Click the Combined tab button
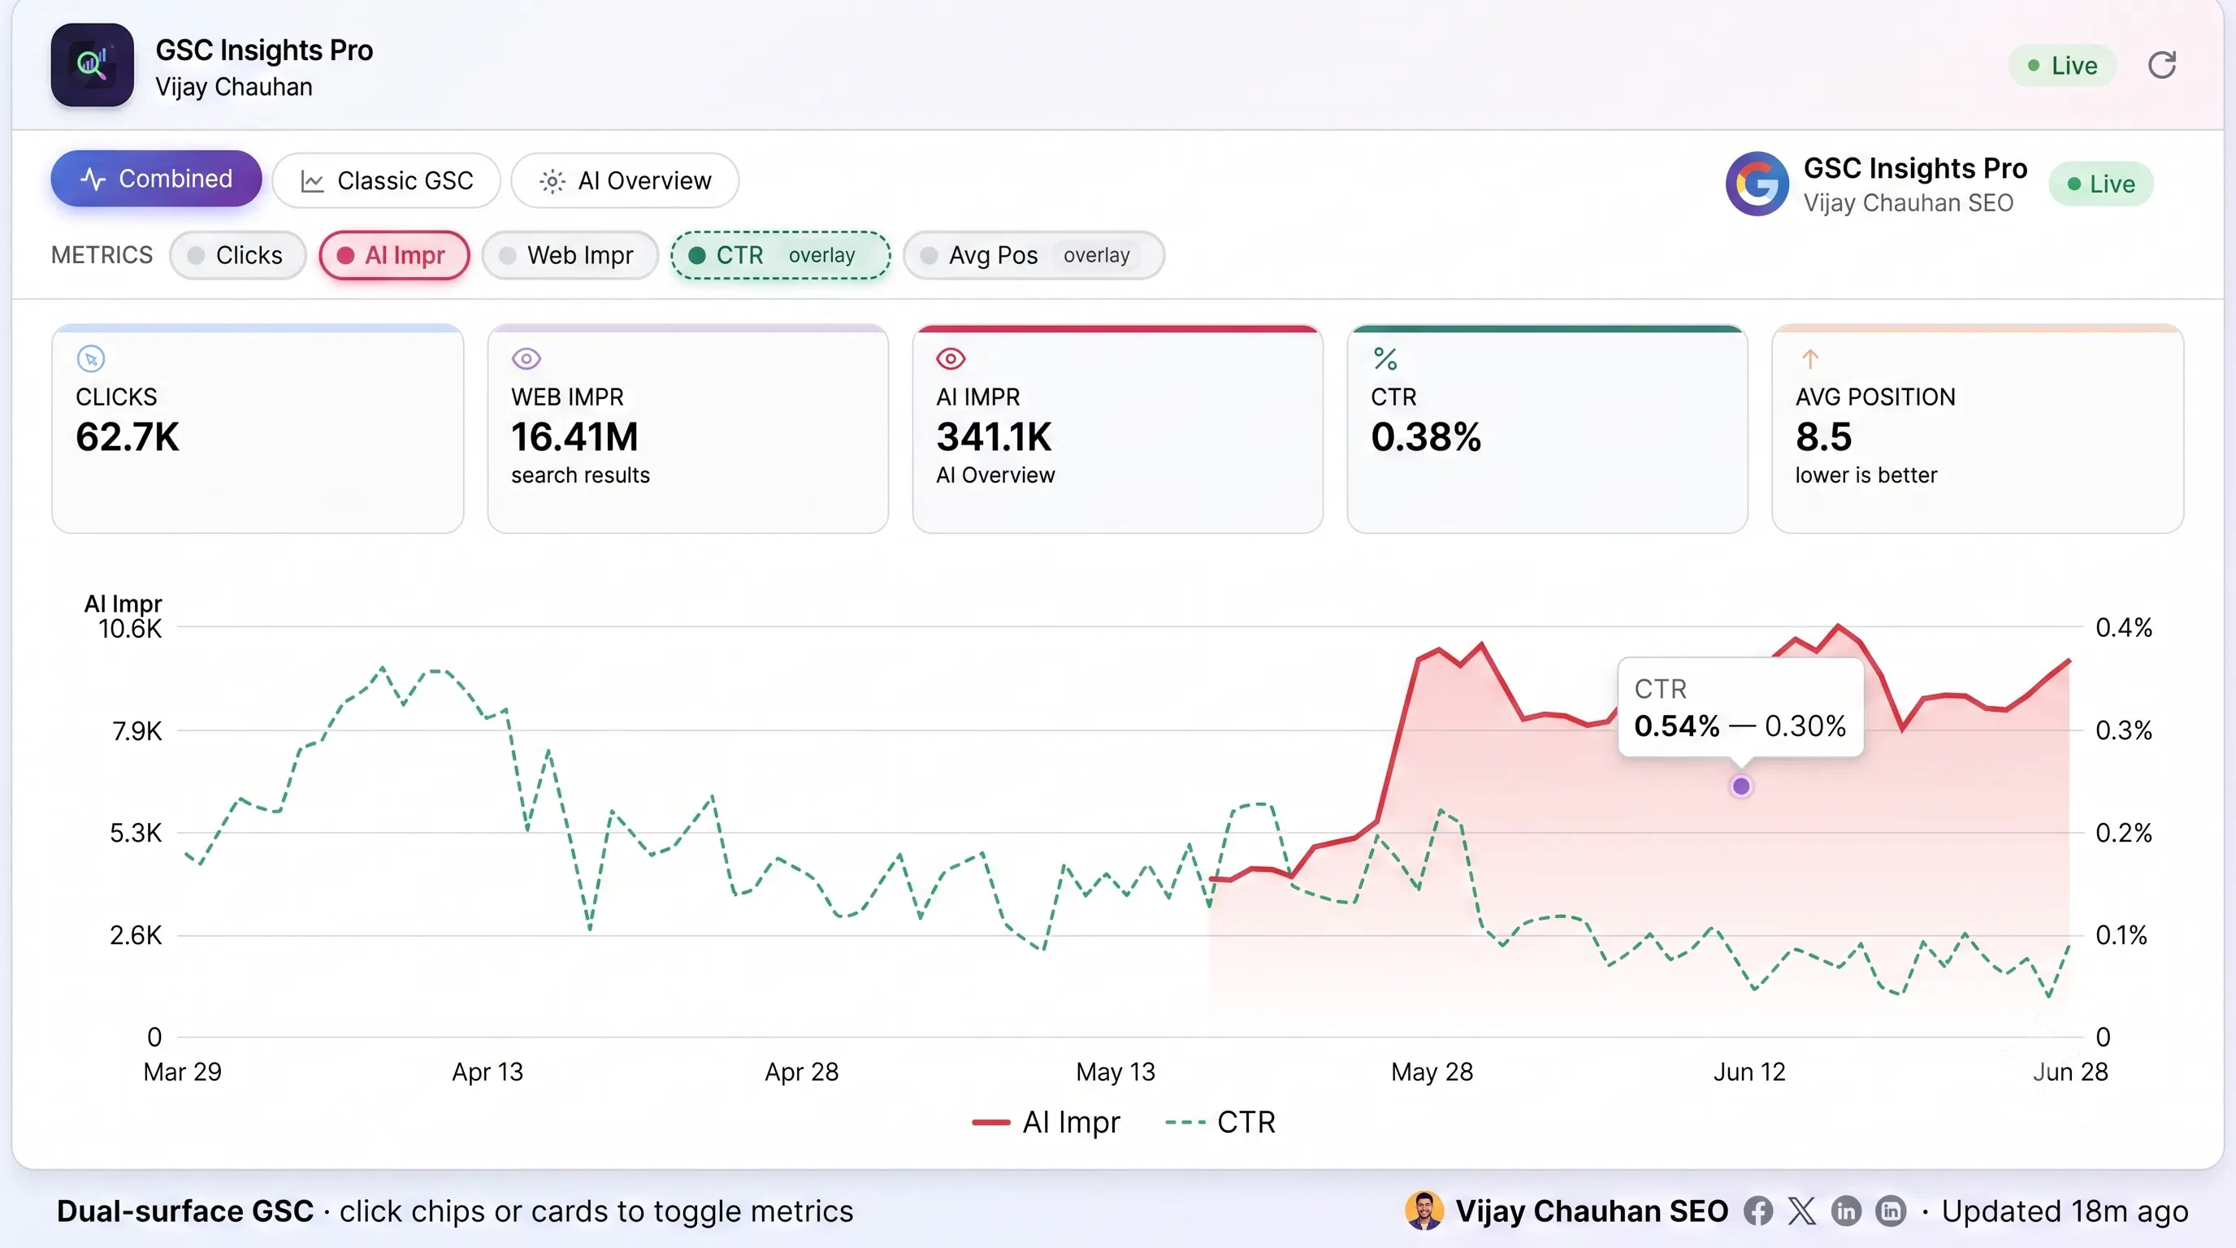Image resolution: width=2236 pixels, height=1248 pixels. [x=156, y=179]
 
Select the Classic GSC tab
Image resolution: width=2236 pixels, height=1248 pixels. [x=386, y=180]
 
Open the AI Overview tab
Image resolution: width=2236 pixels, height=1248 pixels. [x=625, y=180]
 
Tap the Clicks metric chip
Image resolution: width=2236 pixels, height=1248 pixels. [x=238, y=255]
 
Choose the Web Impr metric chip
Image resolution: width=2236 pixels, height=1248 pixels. [x=570, y=255]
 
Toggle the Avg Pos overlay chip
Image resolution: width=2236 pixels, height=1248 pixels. [x=1033, y=255]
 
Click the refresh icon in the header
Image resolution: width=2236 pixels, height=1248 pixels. [x=2161, y=65]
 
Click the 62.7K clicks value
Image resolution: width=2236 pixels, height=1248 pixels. [x=128, y=436]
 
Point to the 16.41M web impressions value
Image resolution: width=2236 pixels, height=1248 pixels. [x=574, y=436]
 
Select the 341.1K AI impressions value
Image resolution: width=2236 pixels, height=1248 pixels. [x=994, y=436]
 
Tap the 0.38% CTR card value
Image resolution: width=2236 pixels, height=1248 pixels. [x=1426, y=436]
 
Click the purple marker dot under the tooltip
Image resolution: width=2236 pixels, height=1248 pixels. [x=1741, y=786]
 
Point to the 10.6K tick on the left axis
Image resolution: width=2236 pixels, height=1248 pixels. [x=130, y=628]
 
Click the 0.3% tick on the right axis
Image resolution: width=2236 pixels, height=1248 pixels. [x=2123, y=730]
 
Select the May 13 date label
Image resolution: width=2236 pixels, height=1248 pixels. [x=1116, y=1072]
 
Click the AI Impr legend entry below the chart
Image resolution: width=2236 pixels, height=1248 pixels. [x=1046, y=1122]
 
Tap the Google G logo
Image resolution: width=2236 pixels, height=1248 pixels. [x=1757, y=184]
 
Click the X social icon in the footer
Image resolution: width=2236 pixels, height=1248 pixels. [x=1802, y=1211]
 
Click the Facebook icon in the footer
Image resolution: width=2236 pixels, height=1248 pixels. [x=1757, y=1211]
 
